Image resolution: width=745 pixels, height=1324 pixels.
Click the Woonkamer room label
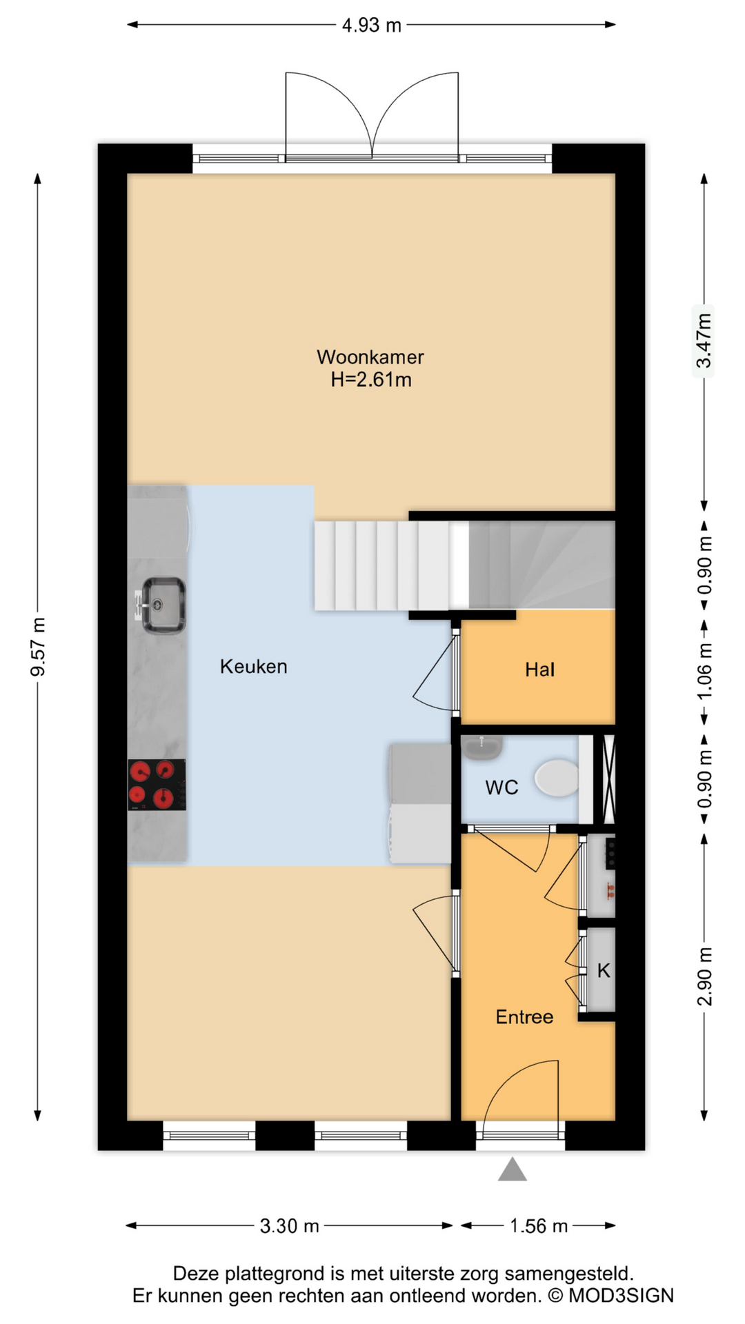370,357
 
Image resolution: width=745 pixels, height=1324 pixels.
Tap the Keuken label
254,666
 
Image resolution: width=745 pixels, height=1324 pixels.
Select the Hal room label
539,670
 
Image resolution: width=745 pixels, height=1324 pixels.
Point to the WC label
501,788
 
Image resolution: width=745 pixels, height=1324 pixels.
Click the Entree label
524,1017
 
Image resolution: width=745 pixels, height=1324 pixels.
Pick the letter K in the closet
604,971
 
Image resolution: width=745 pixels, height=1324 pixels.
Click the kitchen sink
163,605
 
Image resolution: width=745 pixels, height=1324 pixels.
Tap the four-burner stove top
157,785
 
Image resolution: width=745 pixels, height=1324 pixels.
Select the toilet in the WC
557,778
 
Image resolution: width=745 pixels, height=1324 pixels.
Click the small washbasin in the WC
481,748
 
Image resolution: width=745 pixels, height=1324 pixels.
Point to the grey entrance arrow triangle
513,1170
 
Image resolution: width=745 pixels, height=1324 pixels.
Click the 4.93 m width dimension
372,26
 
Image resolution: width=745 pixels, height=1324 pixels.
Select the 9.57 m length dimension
39,647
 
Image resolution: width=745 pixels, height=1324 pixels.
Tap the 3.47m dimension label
704,341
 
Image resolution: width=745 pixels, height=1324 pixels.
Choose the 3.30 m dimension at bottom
290,1225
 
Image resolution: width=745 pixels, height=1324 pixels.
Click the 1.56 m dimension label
539,1225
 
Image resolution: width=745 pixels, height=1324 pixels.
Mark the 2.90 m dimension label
704,976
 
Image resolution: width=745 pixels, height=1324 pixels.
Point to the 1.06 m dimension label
704,671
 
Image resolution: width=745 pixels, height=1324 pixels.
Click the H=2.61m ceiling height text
371,380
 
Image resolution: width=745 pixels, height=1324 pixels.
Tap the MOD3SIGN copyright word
621,1296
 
